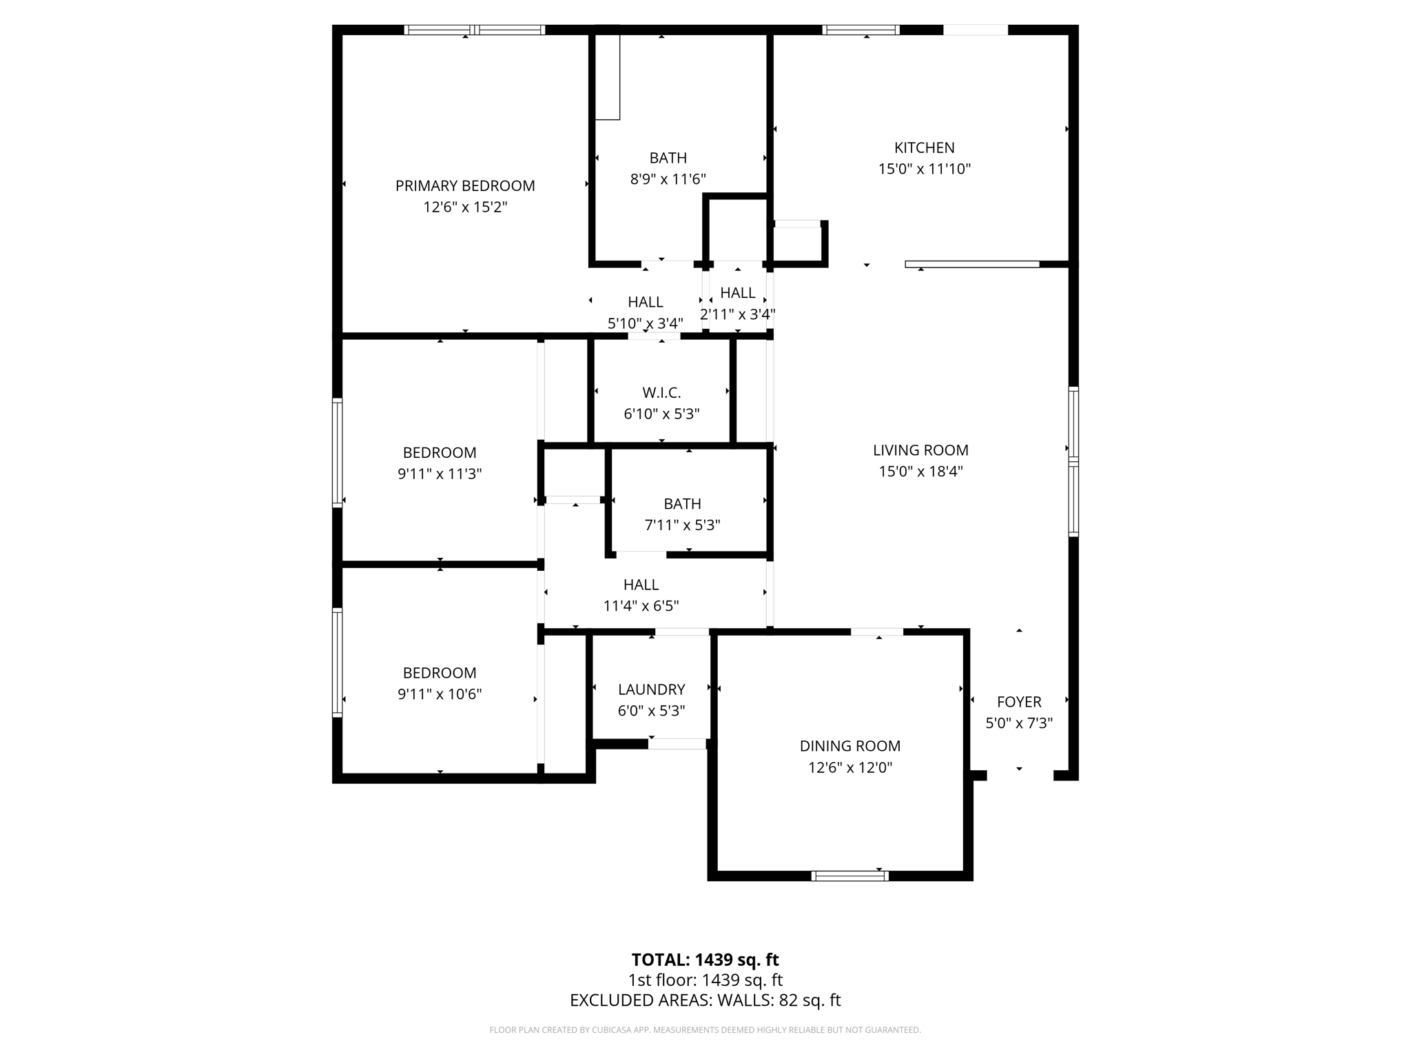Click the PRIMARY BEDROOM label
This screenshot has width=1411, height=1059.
coord(465,185)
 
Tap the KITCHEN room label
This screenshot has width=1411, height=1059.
coord(924,148)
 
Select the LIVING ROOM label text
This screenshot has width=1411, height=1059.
coord(920,450)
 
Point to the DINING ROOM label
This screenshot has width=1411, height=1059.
coord(849,746)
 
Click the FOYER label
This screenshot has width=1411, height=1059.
coord(1019,702)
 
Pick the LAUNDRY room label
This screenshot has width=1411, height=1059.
coord(651,689)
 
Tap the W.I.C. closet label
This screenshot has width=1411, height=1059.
coord(661,393)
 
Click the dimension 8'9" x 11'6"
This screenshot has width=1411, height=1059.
coord(668,179)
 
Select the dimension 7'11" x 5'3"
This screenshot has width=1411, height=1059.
coord(682,525)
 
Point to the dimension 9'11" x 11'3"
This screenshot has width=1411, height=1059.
coord(440,474)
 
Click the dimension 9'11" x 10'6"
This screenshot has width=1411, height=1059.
coord(440,694)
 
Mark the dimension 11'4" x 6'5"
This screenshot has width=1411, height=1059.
coord(641,606)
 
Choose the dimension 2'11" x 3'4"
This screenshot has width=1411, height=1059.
coord(737,314)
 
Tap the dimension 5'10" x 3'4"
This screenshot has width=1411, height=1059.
coord(645,323)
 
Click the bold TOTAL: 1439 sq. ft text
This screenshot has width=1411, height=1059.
coord(705,960)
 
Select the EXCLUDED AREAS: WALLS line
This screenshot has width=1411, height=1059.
coord(705,1000)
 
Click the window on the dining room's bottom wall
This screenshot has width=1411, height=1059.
coord(849,876)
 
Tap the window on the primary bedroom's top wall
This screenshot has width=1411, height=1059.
coord(474,30)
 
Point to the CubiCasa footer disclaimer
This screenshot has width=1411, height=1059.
coord(705,1030)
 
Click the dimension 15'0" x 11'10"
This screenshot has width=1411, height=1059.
coord(924,169)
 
